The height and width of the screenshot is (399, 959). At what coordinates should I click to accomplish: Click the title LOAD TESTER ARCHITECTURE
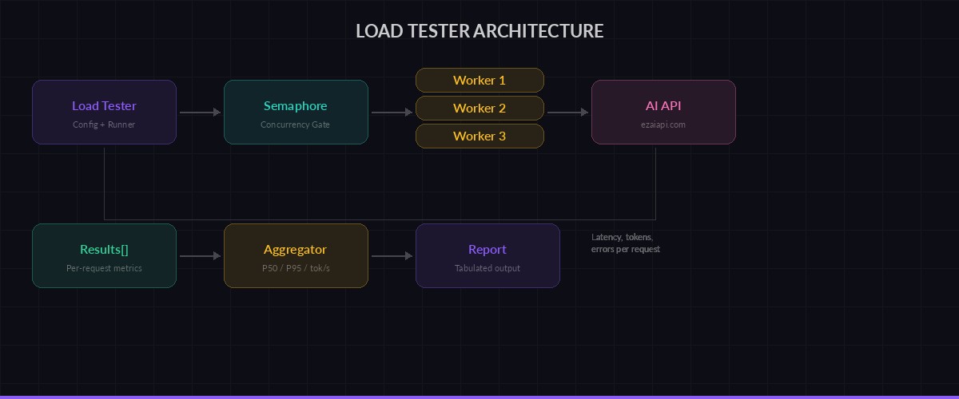coord(479,31)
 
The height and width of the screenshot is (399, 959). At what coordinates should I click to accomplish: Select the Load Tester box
coord(104,112)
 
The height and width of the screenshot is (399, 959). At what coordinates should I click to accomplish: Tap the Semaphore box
coord(296,112)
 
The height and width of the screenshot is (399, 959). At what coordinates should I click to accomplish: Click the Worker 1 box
coord(479,80)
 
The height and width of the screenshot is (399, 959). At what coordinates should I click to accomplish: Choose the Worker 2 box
coord(479,108)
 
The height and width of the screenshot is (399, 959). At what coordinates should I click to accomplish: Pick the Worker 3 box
coord(479,136)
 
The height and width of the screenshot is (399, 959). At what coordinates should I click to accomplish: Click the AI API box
coord(663,112)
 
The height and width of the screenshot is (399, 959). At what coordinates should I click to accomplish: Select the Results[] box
coord(104,255)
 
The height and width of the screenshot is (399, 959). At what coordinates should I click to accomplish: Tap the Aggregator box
coord(296,255)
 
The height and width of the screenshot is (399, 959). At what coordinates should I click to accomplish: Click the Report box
coord(487,255)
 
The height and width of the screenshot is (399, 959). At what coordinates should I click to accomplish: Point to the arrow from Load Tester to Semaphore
coord(200,113)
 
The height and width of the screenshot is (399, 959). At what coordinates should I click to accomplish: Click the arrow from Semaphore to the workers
coord(392,113)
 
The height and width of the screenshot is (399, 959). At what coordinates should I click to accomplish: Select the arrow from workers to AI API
coord(567,113)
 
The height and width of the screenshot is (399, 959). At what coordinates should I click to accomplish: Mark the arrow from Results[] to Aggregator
coord(200,256)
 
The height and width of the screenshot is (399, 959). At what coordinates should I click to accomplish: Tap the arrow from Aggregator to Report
coord(392,256)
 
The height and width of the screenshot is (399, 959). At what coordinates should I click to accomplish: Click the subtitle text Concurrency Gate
coord(295,124)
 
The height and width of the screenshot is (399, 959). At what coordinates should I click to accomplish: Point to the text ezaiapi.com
coord(663,124)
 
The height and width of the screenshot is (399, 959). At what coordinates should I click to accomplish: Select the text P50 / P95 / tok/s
coord(296,268)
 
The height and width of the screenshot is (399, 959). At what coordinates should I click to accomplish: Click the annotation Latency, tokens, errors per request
coord(625,243)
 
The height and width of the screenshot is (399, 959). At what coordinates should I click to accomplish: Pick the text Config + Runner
coord(104,124)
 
